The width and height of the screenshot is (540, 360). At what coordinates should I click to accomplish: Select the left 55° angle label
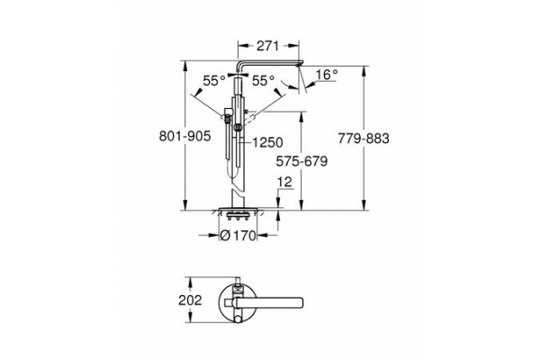[213, 80]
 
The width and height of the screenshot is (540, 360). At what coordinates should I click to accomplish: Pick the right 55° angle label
[262, 80]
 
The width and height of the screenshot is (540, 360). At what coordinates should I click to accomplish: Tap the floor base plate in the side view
[238, 211]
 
